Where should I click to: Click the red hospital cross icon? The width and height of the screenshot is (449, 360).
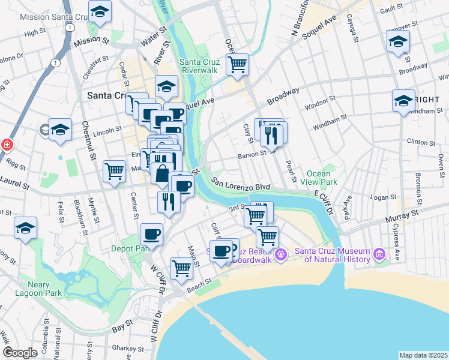(7, 145)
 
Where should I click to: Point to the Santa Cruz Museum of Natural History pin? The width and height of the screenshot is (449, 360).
(379, 255)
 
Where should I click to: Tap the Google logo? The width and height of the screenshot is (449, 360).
(20, 353)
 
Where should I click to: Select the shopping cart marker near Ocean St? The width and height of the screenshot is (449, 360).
(238, 64)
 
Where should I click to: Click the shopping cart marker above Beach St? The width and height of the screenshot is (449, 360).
(181, 268)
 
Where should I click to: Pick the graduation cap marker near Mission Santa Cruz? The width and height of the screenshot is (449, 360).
(100, 11)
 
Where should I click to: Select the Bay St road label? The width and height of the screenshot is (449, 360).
(122, 328)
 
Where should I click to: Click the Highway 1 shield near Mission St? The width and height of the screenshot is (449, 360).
(71, 28)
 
